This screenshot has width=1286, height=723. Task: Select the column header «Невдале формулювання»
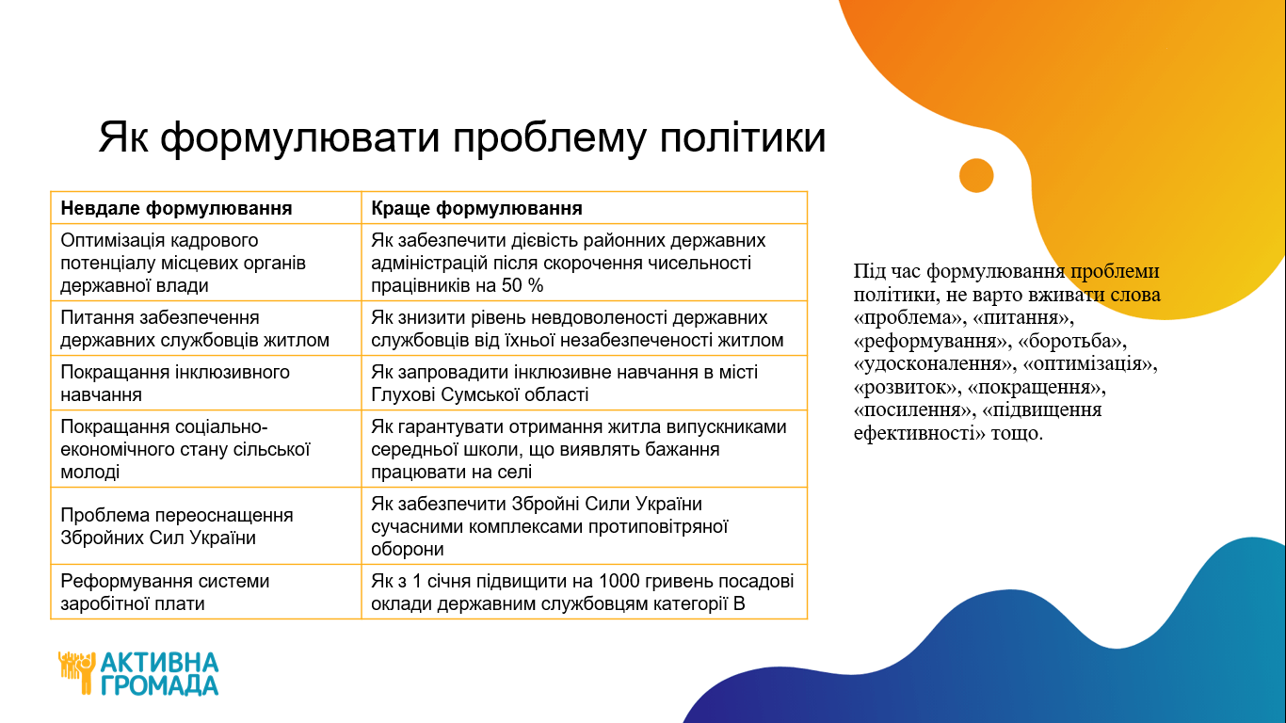176,208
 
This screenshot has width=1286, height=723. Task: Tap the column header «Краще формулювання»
476,208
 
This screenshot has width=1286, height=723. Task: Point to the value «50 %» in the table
522,285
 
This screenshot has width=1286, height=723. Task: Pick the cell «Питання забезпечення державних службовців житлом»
195,329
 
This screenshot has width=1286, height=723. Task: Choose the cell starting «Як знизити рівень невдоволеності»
577,329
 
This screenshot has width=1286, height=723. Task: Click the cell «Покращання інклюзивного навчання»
174,383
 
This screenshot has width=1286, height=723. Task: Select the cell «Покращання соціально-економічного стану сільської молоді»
185,449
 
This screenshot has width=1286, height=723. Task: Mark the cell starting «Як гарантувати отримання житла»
579,449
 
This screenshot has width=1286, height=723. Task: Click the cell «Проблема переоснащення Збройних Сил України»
176,526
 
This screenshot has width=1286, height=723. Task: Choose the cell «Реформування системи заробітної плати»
165,592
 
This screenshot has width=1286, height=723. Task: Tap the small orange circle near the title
976,175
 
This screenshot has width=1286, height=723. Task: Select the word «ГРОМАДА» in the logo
160,685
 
